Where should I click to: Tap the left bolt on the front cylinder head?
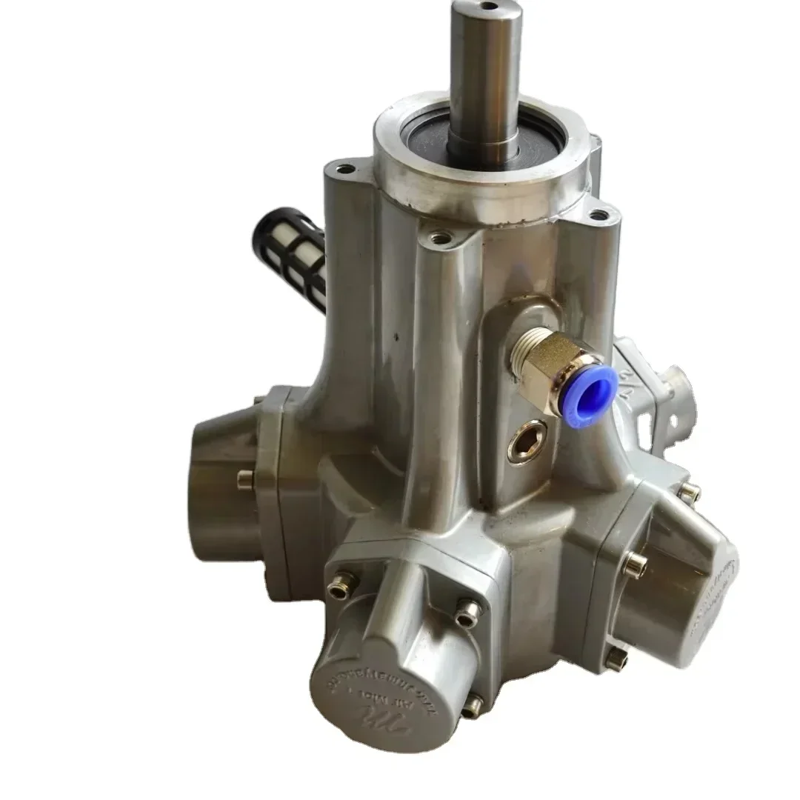(341, 584)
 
